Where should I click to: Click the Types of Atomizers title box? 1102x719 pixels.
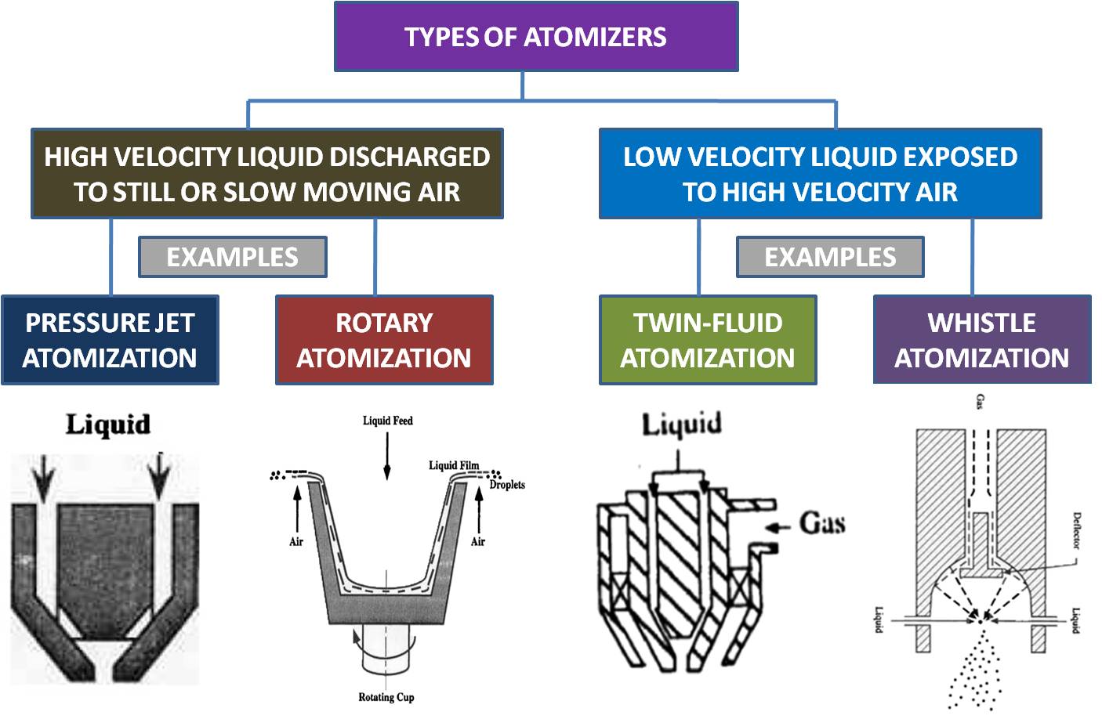pyautogui.click(x=536, y=37)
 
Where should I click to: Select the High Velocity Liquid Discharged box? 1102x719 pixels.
pyautogui.click(x=266, y=174)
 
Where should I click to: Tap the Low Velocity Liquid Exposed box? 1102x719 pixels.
pyautogui.click(x=820, y=174)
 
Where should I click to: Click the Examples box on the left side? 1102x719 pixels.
pyautogui.click(x=232, y=257)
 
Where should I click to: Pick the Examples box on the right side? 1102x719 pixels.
pyautogui.click(x=830, y=257)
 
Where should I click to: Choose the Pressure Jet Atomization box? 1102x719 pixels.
pyautogui.click(x=110, y=340)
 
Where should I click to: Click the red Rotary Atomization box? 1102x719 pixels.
pyautogui.click(x=384, y=340)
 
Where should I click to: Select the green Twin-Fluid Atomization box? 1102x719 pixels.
pyautogui.click(x=708, y=340)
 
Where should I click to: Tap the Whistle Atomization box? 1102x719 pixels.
pyautogui.click(x=982, y=340)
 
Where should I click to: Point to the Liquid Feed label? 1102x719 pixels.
pyautogui.click(x=387, y=421)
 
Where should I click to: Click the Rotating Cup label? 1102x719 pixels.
pyautogui.click(x=386, y=697)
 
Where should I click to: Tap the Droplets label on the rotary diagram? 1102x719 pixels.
pyautogui.click(x=507, y=485)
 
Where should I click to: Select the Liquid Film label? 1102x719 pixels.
pyautogui.click(x=453, y=465)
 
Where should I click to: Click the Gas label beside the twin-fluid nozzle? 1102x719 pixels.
pyautogui.click(x=822, y=523)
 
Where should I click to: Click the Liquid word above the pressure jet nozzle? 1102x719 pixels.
pyautogui.click(x=107, y=424)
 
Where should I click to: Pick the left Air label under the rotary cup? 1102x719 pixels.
pyautogui.click(x=296, y=541)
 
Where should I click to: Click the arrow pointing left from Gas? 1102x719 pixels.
pyautogui.click(x=778, y=527)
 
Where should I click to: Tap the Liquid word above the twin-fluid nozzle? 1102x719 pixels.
pyautogui.click(x=682, y=425)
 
